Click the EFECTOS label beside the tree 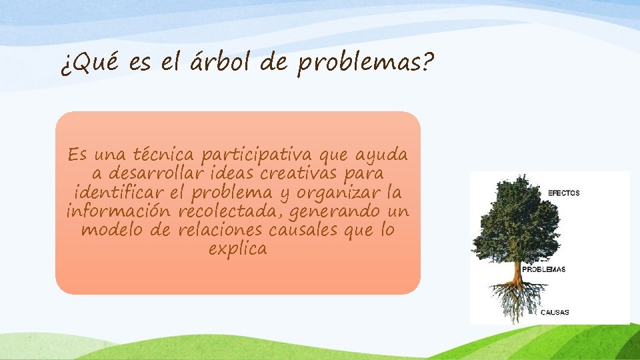(564, 193)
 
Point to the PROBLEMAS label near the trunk (543, 270)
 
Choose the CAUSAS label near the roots (555, 312)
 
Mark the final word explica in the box (237, 249)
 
